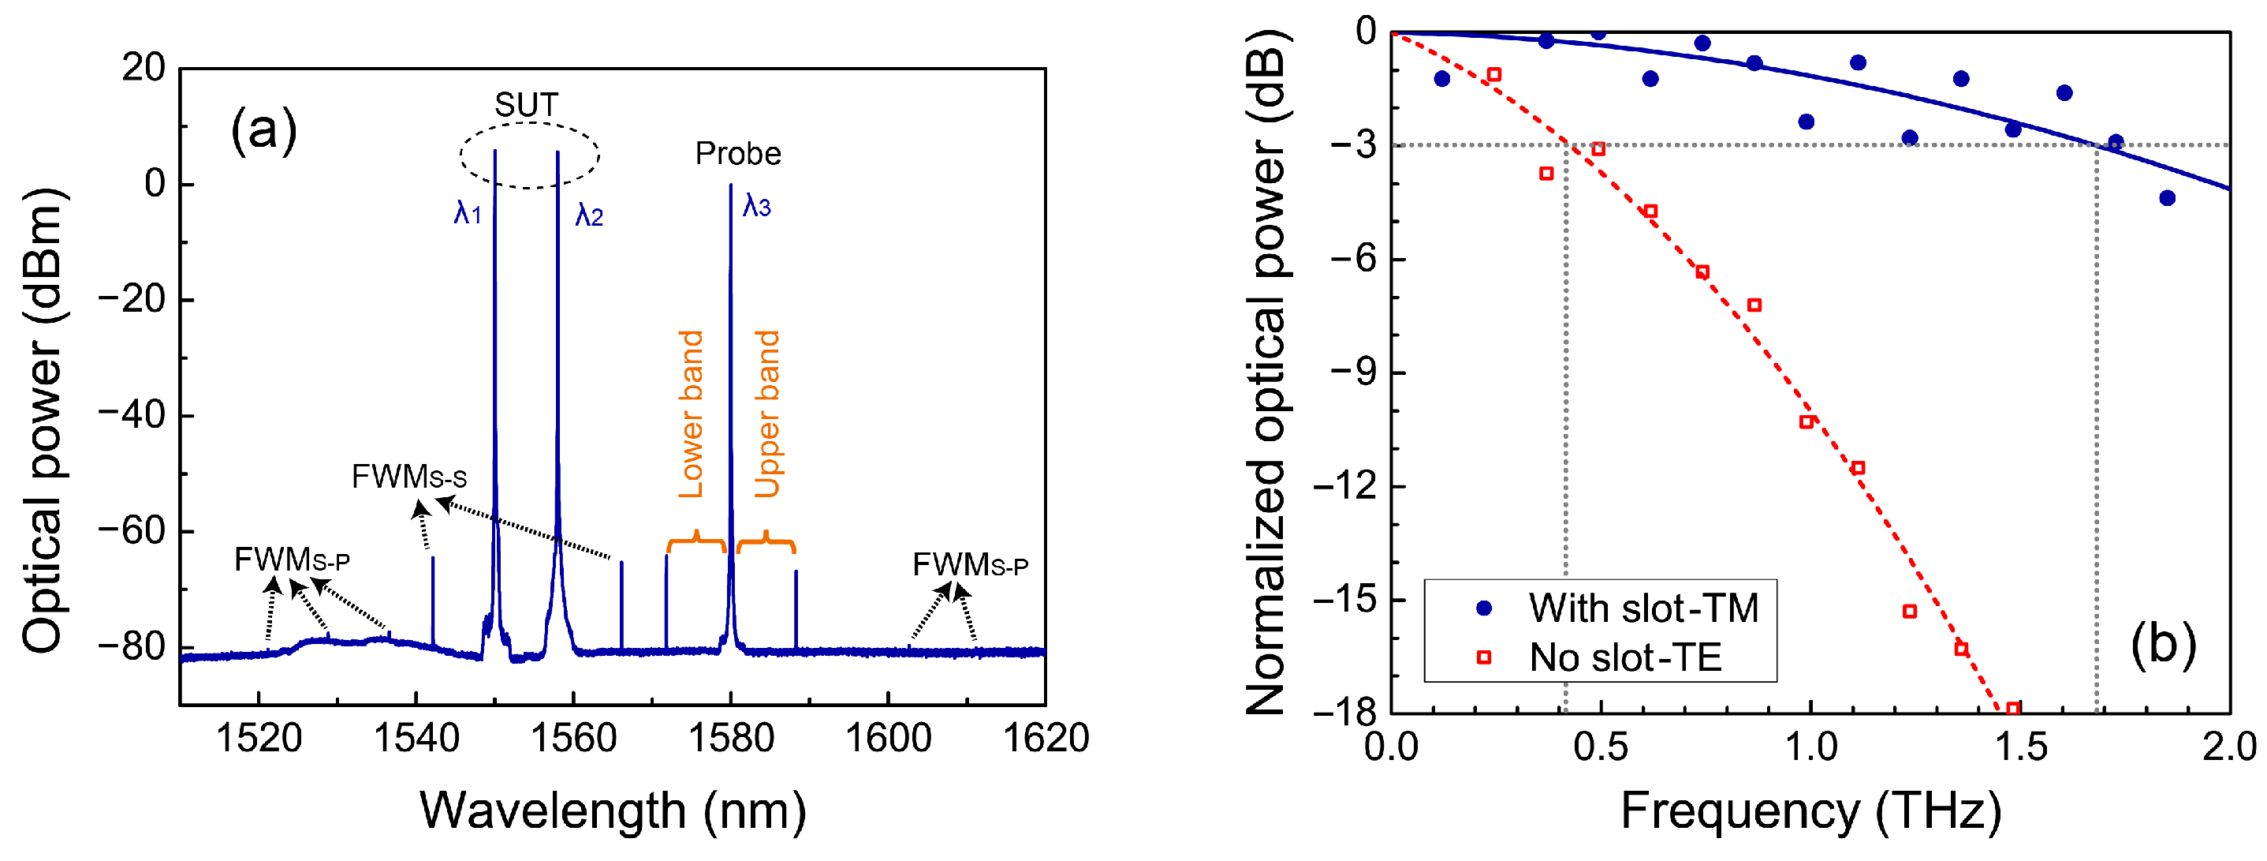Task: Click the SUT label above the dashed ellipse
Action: coord(525,106)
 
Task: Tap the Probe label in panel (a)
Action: coord(737,154)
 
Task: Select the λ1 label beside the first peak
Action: coord(468,212)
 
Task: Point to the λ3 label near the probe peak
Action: coord(756,206)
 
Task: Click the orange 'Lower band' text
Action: coord(692,414)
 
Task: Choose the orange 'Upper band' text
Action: coord(767,414)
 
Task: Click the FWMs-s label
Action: coord(408,477)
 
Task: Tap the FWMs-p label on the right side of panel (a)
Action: coord(970,564)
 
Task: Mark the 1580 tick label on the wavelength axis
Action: coord(730,738)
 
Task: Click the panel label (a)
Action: coord(263,130)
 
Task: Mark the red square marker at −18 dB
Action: coord(2012,709)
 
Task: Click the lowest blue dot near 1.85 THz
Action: coord(2167,198)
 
